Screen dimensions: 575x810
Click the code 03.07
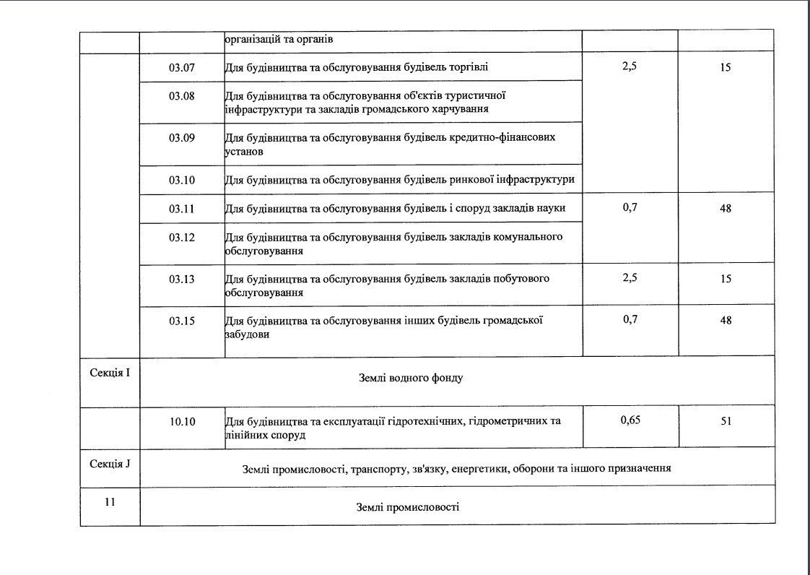[x=182, y=67]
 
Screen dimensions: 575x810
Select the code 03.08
[x=182, y=95]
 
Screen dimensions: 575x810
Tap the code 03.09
[x=182, y=138]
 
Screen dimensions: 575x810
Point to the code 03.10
[x=182, y=180]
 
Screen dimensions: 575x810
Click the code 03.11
[x=182, y=209]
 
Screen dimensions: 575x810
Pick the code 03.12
[x=182, y=237]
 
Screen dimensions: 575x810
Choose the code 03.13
[x=182, y=279]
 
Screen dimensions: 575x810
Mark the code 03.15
[x=182, y=321]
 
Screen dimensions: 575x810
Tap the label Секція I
[x=110, y=373]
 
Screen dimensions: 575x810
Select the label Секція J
[x=110, y=463]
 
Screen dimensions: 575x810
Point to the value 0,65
[x=630, y=420]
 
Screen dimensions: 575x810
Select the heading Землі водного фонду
[x=410, y=379]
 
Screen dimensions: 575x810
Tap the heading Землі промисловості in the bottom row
[x=407, y=507]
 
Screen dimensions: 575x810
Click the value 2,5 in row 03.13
[x=630, y=278]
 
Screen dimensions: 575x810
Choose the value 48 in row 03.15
[x=726, y=320]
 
